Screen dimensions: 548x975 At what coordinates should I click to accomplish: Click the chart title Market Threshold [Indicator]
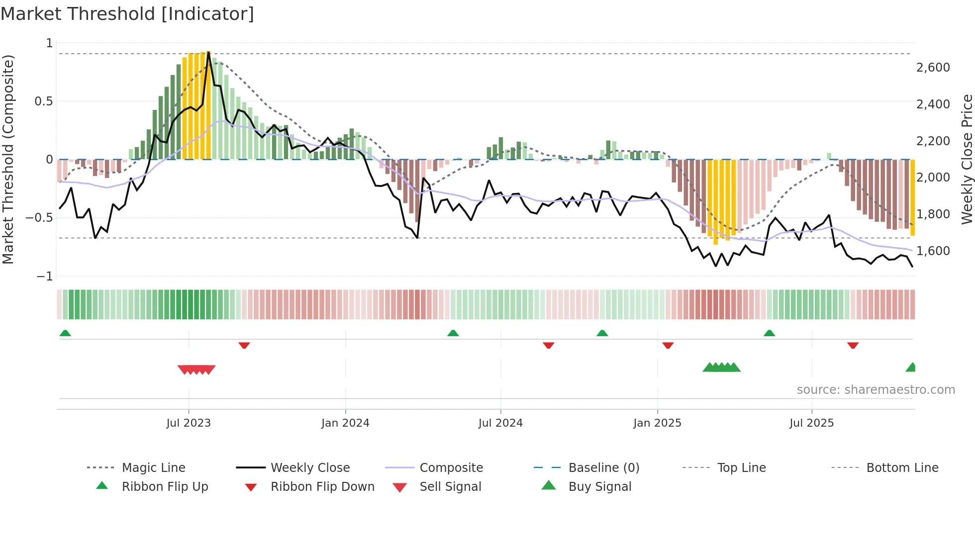127,14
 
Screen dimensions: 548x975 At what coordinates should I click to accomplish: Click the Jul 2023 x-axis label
189,423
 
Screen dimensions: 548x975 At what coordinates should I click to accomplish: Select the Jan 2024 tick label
345,423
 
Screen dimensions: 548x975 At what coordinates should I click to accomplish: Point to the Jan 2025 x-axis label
657,423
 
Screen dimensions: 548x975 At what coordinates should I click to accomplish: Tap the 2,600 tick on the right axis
933,68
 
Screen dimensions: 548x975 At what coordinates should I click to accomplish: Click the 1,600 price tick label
933,251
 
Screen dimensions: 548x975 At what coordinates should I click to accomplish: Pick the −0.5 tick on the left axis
39,218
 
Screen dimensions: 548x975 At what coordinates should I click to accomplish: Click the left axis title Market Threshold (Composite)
8,159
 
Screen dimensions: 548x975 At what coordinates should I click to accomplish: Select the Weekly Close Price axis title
967,159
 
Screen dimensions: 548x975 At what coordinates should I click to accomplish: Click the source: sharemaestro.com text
876,390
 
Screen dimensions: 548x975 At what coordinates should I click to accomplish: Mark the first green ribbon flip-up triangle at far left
65,333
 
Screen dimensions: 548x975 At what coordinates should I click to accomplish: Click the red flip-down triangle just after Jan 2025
668,345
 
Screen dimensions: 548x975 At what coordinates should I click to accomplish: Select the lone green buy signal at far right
911,367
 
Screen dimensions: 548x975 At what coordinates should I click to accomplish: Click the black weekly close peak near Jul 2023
208,52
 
